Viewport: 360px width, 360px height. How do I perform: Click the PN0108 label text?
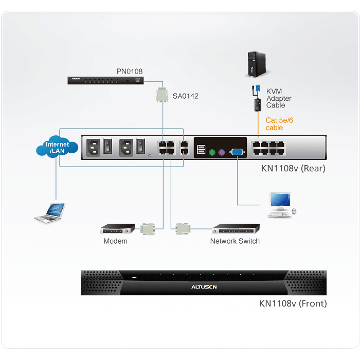pyautogui.click(x=130, y=71)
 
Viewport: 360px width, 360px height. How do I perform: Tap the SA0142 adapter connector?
pyautogui.click(x=162, y=94)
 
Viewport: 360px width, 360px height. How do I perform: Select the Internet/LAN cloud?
pyautogui.click(x=57, y=147)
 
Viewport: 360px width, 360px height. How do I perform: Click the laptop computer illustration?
pyautogui.click(x=50, y=212)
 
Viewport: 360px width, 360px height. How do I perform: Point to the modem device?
pyautogui.click(x=117, y=229)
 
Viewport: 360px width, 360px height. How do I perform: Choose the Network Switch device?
pyautogui.click(x=236, y=229)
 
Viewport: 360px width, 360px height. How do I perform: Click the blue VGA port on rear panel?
pyautogui.click(x=237, y=152)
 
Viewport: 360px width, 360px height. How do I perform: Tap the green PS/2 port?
pyautogui.click(x=212, y=152)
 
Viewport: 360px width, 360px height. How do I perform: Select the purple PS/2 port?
pyautogui.click(x=222, y=152)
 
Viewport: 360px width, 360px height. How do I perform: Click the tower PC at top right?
pyautogui.click(x=257, y=64)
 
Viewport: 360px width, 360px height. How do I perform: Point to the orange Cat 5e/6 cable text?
pyautogui.click(x=279, y=124)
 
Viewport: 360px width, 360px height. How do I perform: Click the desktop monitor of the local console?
pyautogui.click(x=280, y=201)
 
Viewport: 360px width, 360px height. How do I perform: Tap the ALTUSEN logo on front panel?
pyautogui.click(x=204, y=287)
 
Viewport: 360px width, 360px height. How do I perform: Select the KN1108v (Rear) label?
pyautogui.click(x=293, y=169)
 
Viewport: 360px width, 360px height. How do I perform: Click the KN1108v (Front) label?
pyautogui.click(x=293, y=303)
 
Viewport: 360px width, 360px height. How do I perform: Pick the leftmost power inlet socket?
pyautogui.click(x=93, y=148)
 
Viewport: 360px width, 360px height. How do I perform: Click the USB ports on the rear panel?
pyautogui.click(x=201, y=150)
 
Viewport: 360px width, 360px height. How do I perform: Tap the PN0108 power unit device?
pyautogui.click(x=105, y=81)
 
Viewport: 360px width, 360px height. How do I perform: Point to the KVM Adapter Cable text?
pyautogui.click(x=279, y=98)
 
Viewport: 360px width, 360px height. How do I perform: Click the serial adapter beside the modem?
pyautogui.click(x=147, y=229)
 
